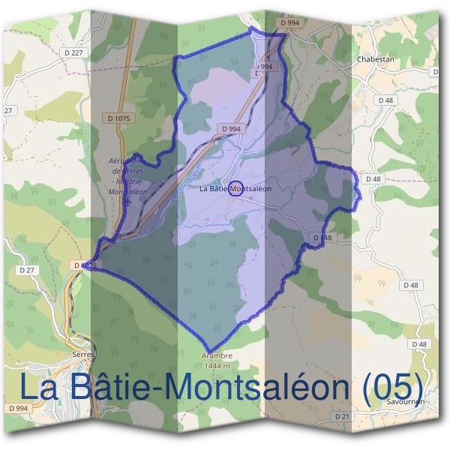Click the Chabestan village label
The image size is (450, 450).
[376, 58]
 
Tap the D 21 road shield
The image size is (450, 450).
[343, 415]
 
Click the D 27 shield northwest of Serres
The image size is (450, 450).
[27, 269]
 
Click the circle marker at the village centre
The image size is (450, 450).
[235, 189]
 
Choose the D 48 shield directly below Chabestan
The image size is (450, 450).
[386, 100]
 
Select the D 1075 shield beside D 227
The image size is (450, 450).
[120, 118]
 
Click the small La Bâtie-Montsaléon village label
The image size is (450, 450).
[235, 189]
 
